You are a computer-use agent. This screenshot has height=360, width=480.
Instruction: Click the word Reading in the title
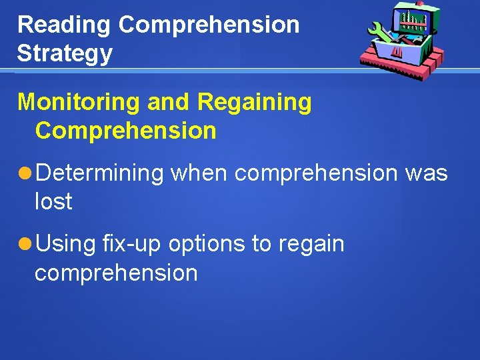[64, 25]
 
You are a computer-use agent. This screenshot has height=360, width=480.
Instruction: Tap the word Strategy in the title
[65, 53]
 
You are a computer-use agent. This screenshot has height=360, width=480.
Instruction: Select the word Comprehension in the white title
[209, 25]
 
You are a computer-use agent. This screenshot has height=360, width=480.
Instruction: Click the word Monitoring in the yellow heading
[79, 103]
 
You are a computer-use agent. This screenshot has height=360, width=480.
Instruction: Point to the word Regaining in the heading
[255, 103]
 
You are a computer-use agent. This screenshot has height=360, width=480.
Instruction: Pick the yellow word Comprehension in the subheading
[126, 131]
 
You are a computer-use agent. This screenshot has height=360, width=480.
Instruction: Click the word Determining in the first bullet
[99, 173]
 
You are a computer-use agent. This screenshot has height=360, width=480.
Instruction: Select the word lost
[53, 201]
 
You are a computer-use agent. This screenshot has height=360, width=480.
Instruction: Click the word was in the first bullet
[426, 173]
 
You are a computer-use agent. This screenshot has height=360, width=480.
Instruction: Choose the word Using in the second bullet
[66, 245]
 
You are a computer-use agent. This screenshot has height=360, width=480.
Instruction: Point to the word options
[207, 245]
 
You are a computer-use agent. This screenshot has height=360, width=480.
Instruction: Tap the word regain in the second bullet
[311, 245]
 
